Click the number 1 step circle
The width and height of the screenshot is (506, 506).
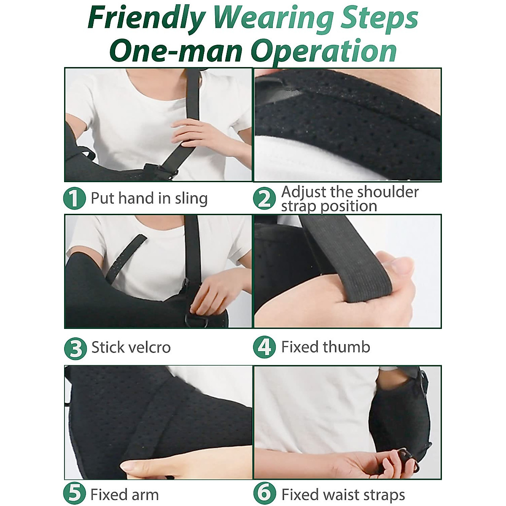point(74,199)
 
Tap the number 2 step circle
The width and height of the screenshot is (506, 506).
point(264,199)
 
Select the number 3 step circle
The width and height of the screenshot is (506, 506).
point(75,348)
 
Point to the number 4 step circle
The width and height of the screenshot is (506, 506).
point(264,347)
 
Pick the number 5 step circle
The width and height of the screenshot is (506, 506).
point(75,494)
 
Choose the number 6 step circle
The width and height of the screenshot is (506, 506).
point(264,494)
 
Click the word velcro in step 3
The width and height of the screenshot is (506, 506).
point(151,347)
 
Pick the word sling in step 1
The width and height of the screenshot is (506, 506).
point(191,199)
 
